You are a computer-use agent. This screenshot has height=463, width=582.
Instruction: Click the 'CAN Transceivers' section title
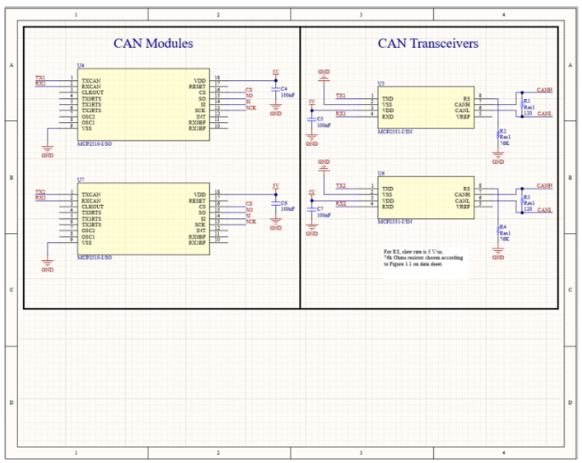pos(428,43)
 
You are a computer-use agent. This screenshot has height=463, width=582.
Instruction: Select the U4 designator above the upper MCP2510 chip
pos(81,66)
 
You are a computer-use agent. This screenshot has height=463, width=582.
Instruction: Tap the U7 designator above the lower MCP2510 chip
pos(81,179)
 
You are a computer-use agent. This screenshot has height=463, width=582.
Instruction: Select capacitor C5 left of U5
pos(311,120)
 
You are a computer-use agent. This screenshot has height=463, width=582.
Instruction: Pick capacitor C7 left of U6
pos(311,211)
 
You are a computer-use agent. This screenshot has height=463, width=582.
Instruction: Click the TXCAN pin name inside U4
pos(91,79)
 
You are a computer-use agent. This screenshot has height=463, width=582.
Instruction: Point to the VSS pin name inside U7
pos(86,242)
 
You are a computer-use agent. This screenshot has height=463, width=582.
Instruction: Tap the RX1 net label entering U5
pos(340,114)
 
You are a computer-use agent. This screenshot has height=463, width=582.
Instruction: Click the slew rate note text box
pos(424,258)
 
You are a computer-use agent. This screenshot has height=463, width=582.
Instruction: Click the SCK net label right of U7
pos(251,220)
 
